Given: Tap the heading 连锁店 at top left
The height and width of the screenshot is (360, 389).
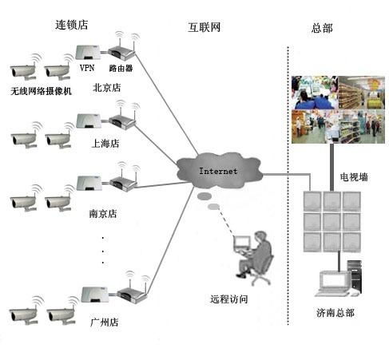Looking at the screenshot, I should [71, 25].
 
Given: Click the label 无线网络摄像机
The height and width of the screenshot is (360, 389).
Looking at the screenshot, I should [41, 90].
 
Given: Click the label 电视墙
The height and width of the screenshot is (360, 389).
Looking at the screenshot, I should [354, 176].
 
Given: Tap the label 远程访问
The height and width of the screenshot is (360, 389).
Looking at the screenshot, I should [229, 299].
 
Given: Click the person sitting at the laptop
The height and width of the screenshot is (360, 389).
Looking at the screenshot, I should [256, 255].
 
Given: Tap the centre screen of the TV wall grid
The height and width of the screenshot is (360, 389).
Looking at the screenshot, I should [331, 219].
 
